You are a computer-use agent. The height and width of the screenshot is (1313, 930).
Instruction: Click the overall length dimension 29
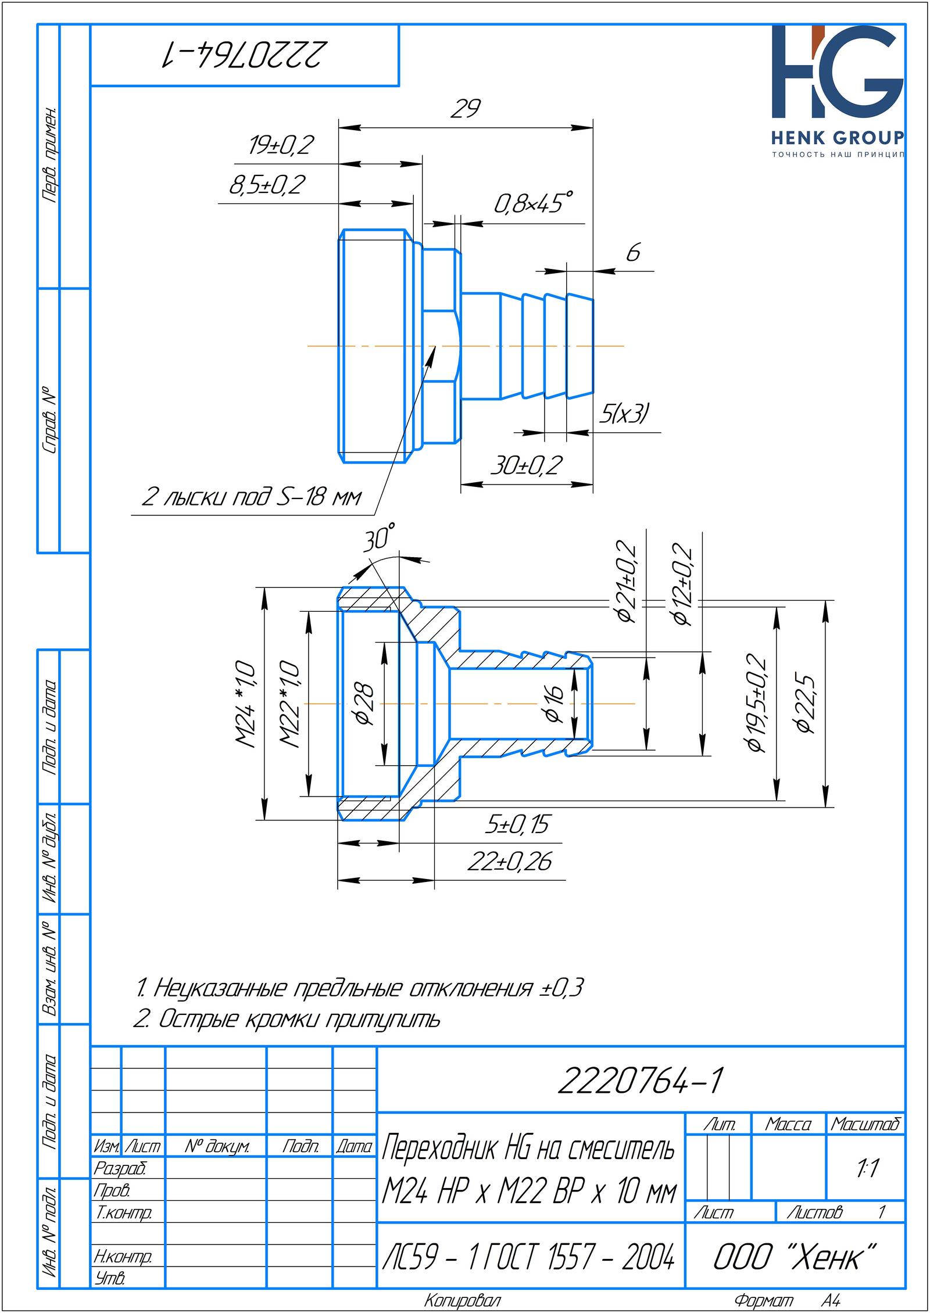click(x=466, y=109)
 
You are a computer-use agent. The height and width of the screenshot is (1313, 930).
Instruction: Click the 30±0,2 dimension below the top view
click(x=527, y=465)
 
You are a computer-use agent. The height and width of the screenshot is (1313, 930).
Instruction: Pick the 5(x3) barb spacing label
click(x=624, y=414)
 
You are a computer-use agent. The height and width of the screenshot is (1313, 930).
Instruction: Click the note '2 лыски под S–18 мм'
click(x=252, y=498)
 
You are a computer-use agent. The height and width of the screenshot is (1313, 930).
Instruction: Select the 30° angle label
click(x=380, y=538)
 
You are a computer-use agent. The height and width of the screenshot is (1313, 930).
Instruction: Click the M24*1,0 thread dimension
click(x=246, y=704)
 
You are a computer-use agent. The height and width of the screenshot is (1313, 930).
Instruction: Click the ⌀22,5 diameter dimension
click(x=807, y=704)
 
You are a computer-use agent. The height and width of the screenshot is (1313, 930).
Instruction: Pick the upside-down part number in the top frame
click(x=244, y=55)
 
